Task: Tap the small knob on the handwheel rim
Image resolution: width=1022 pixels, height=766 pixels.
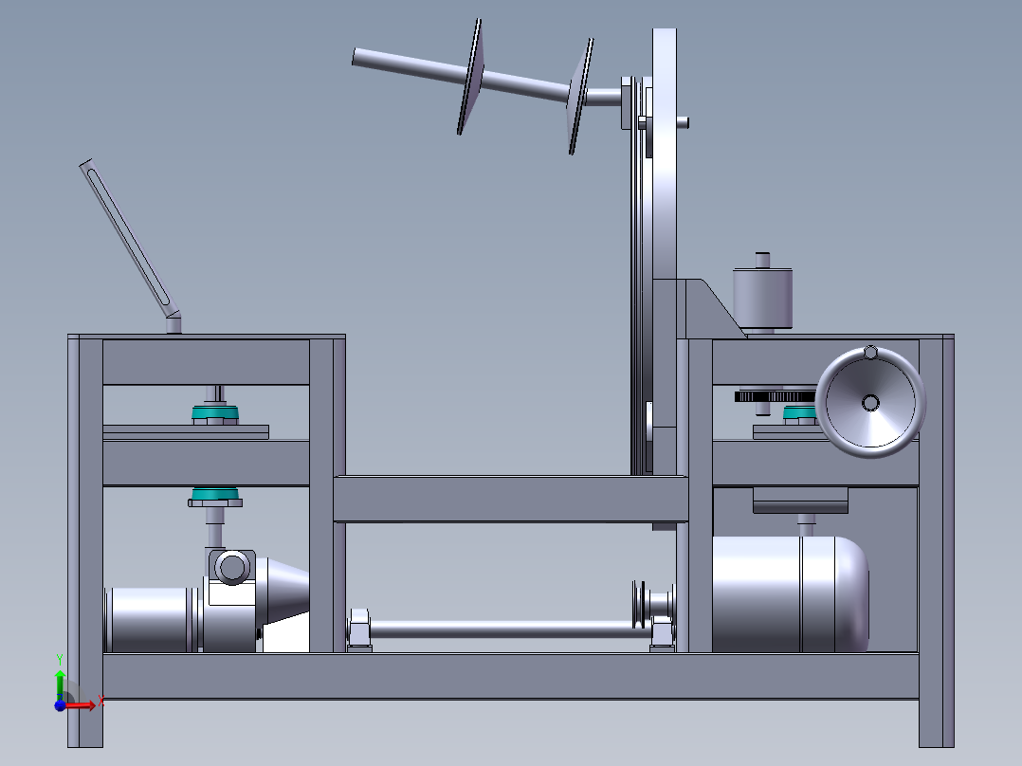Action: tap(870, 353)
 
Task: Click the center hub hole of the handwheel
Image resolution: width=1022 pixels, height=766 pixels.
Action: tap(870, 403)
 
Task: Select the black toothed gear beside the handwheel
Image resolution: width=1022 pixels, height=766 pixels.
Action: tap(775, 396)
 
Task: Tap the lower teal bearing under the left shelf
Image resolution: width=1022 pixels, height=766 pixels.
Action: tap(215, 496)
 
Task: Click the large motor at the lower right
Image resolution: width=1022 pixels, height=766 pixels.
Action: tap(790, 593)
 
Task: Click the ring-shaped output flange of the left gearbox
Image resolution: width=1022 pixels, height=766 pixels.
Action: tap(232, 567)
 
